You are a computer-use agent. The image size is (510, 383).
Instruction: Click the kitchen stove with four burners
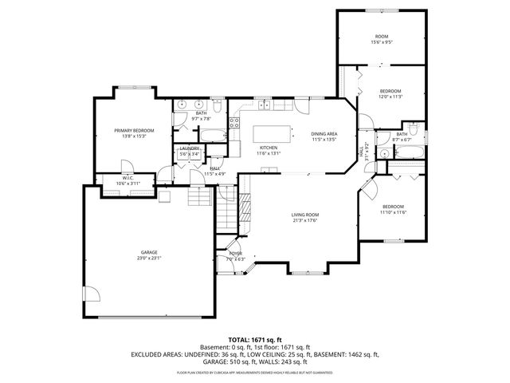pos(235,122)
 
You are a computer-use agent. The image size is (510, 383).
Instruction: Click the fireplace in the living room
pos(246,209)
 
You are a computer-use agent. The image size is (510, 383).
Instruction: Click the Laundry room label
pos(189,148)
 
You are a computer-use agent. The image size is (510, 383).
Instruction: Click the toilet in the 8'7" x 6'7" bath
pos(414,128)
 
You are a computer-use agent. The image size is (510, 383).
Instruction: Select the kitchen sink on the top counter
pos(263,105)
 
